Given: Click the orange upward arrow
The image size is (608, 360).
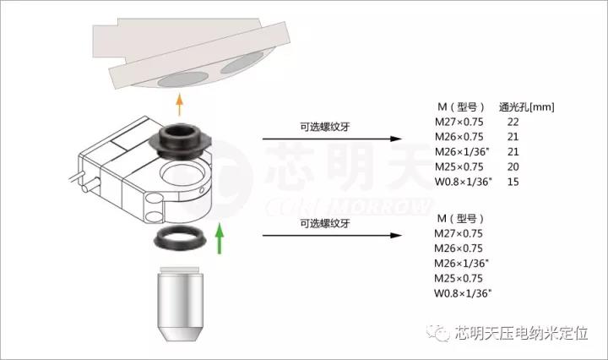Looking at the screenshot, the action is click(179, 104).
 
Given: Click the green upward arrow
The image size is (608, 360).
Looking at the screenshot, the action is click(220, 238).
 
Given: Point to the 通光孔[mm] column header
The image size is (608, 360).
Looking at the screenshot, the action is click(526, 107).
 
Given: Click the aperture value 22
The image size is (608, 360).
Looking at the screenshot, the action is click(513, 123).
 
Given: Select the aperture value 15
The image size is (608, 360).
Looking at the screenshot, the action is click(513, 182).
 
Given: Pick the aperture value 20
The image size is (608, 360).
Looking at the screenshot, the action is click(513, 166).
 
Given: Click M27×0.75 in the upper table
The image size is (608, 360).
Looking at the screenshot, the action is click(459, 123).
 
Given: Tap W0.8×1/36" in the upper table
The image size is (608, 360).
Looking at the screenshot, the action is click(463, 182).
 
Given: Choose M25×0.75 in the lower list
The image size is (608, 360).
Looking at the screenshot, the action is click(459, 279).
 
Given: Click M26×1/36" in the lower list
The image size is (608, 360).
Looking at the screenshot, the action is click(461, 264).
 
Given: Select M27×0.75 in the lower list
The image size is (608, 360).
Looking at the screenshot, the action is click(459, 233).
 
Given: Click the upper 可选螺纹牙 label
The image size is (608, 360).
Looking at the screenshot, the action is click(325, 127).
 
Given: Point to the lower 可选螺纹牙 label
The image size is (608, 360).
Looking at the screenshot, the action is click(325, 223).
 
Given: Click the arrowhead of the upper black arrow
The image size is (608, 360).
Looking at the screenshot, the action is click(396, 139).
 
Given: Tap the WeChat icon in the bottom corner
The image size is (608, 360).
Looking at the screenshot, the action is click(438, 333).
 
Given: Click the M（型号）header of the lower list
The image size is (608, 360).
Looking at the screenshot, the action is click(460, 219).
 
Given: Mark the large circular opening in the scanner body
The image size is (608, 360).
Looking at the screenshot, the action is click(185, 174).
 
